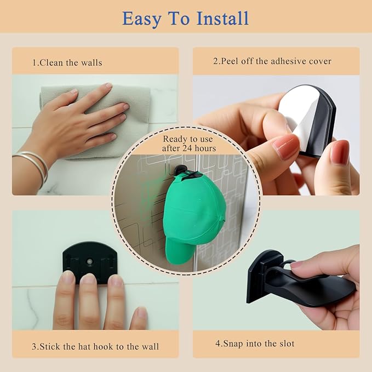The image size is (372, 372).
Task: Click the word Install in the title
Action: point(222,18)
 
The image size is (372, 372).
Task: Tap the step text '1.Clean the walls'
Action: point(67,62)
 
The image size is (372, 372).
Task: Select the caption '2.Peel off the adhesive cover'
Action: point(272,61)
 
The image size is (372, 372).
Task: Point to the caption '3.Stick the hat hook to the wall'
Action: point(95,346)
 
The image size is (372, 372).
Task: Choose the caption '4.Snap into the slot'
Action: point(255,344)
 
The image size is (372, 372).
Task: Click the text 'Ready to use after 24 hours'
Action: point(188,144)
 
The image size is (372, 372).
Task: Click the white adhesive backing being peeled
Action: point(296,112)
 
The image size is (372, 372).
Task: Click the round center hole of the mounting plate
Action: point(90,262)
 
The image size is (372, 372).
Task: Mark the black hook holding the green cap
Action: point(185,171)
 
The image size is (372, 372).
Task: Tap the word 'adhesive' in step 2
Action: point(288,61)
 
